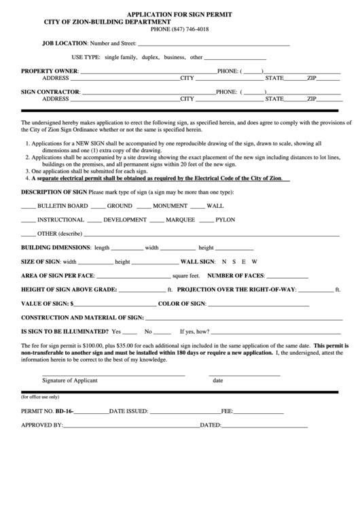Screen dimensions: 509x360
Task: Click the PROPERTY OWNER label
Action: [x=50, y=71]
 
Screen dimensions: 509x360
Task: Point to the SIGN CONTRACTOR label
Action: [x=51, y=91]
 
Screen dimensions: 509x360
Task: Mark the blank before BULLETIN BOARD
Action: [x=28, y=205]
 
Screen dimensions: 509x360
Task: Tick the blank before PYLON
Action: [x=206, y=220]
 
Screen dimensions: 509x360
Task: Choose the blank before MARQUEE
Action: [x=156, y=220]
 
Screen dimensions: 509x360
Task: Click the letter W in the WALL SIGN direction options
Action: [x=255, y=262]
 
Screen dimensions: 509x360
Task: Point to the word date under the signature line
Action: [x=217, y=381]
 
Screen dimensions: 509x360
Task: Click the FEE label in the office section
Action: [x=226, y=411]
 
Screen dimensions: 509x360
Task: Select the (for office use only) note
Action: [x=40, y=396]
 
